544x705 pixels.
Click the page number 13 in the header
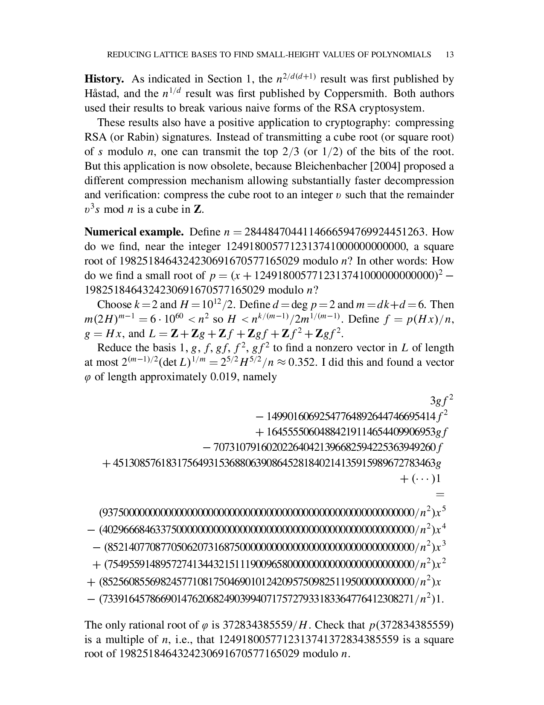(449, 55)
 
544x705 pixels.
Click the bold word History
(104, 79)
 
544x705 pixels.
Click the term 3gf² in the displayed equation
(441, 401)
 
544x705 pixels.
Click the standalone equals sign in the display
(440, 495)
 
